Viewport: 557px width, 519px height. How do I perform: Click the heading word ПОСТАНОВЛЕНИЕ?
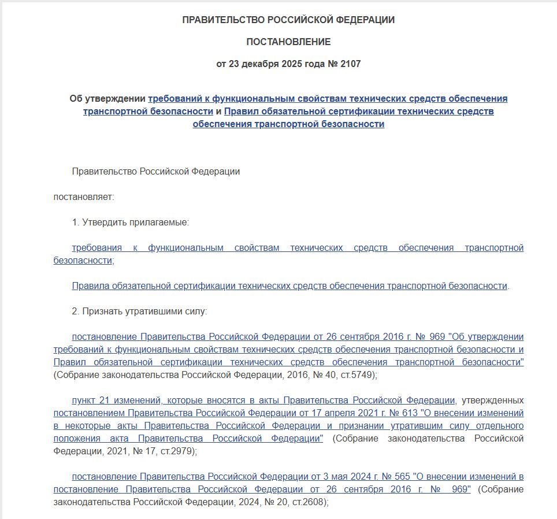tap(288, 42)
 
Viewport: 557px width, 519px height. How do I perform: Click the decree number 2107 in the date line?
tap(350, 64)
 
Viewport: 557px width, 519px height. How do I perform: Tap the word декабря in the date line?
tap(257, 64)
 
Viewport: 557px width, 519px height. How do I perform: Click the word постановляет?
tap(84, 197)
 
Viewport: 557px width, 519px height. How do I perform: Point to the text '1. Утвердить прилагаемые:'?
tap(131, 222)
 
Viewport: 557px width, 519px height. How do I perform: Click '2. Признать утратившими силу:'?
tap(139, 311)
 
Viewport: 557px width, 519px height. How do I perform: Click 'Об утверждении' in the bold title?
tap(107, 98)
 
